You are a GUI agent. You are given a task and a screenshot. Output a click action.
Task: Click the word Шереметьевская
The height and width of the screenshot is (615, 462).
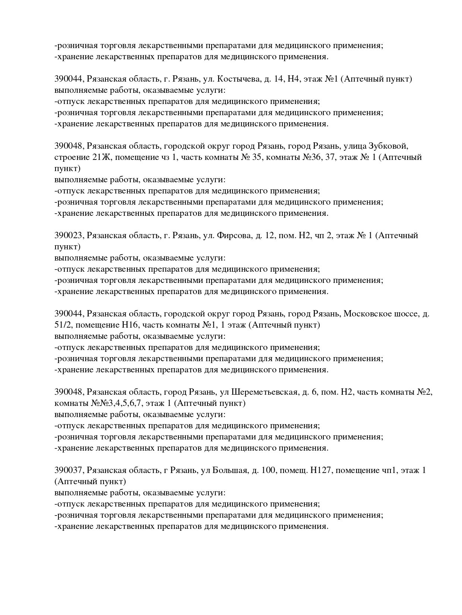264,392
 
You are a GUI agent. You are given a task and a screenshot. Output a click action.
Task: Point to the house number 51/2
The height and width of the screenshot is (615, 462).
62,325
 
